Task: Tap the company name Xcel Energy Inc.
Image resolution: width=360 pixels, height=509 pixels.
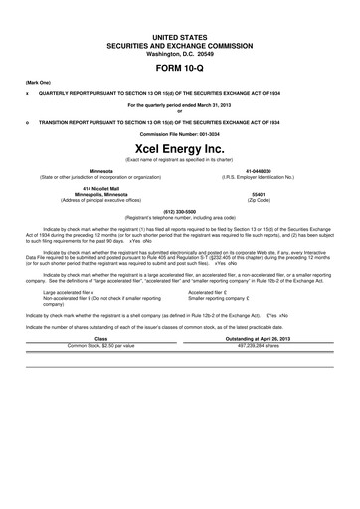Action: pyautogui.click(x=179, y=147)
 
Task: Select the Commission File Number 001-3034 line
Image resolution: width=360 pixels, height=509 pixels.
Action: pyautogui.click(x=179, y=132)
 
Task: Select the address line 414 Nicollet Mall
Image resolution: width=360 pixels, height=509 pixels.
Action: pyautogui.click(x=100, y=188)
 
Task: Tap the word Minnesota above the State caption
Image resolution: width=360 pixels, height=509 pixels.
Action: pyautogui.click(x=100, y=170)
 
